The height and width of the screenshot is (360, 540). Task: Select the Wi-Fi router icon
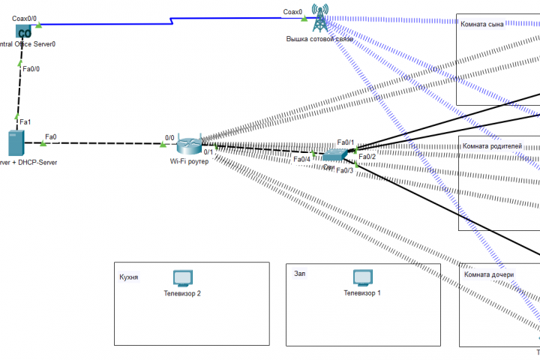[190, 145]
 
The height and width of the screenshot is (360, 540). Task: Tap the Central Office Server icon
[24, 31]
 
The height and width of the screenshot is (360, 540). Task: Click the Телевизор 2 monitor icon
[182, 278]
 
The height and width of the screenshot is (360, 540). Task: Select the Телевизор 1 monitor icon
[362, 278]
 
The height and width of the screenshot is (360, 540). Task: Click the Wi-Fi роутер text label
[188, 161]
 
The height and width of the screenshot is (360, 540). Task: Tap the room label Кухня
[128, 277]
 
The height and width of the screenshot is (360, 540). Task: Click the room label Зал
[299, 274]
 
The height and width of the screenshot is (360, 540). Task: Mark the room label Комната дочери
[489, 274]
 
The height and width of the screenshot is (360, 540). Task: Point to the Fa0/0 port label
[31, 69]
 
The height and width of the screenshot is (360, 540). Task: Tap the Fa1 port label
[25, 121]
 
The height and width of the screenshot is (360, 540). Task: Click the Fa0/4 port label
[301, 159]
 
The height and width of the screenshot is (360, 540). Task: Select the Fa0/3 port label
[344, 171]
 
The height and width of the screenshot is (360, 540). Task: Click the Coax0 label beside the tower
[292, 12]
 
